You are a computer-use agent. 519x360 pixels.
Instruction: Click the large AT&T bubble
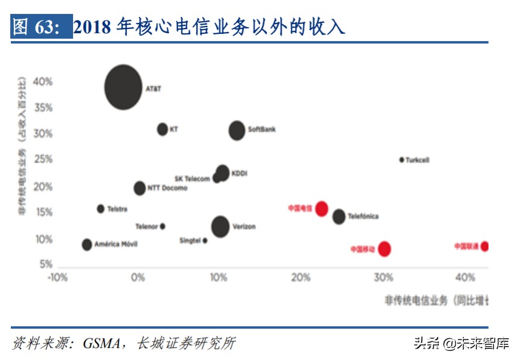(123, 87)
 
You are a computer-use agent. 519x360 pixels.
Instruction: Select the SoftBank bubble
(237, 130)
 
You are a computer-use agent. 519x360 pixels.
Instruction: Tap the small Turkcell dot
(401, 160)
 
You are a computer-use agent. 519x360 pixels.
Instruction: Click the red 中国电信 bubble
(322, 209)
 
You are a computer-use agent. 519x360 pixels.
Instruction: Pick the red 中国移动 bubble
(384, 249)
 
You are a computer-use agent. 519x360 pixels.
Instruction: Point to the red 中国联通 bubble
(484, 246)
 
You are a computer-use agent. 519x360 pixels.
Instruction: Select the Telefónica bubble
(339, 216)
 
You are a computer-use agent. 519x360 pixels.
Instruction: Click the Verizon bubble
(220, 227)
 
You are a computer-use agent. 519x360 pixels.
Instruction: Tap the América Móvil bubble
(87, 245)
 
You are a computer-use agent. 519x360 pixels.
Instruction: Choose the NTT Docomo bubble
(139, 188)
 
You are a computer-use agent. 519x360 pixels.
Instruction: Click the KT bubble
(162, 129)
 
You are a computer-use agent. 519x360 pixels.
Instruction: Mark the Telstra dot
(101, 209)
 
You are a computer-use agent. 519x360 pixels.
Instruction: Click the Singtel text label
(189, 241)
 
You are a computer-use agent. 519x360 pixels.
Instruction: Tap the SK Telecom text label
(192, 179)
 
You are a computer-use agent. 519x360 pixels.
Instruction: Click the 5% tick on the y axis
(46, 265)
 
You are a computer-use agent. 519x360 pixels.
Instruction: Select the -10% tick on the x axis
(57, 277)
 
